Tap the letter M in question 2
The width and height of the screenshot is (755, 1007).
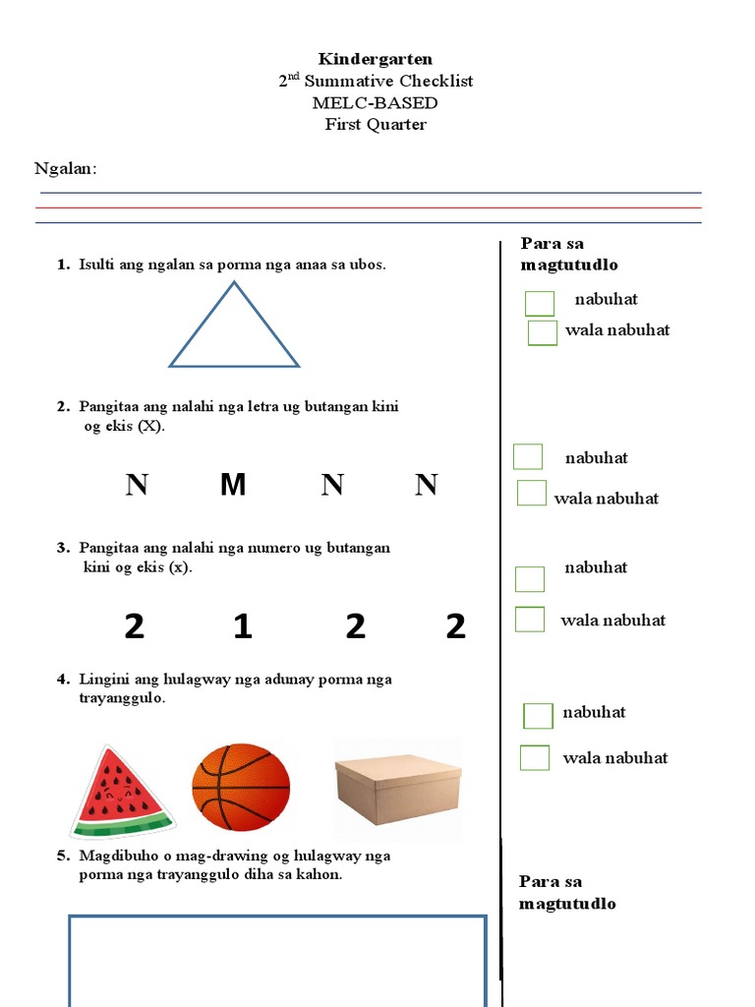point(233,484)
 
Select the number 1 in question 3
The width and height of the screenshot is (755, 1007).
point(243,626)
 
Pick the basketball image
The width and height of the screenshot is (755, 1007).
point(241,787)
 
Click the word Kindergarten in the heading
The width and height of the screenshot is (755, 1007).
point(376,59)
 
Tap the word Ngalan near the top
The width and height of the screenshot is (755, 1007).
point(65,168)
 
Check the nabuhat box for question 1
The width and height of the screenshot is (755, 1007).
point(540,303)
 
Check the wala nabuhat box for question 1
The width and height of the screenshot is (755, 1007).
point(543,333)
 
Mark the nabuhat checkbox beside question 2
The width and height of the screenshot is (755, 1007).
point(528,456)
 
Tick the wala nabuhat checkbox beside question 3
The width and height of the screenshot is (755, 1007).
point(530,619)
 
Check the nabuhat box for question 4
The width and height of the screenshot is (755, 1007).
point(538,715)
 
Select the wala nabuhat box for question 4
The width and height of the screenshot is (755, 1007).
point(535,757)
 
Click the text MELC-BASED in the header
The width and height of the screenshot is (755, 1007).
point(375,102)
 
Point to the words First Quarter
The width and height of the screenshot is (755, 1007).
point(376,124)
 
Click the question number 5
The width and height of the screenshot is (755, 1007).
point(62,856)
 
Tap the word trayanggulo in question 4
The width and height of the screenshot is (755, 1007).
point(122,698)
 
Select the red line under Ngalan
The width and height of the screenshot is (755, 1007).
point(370,207)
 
